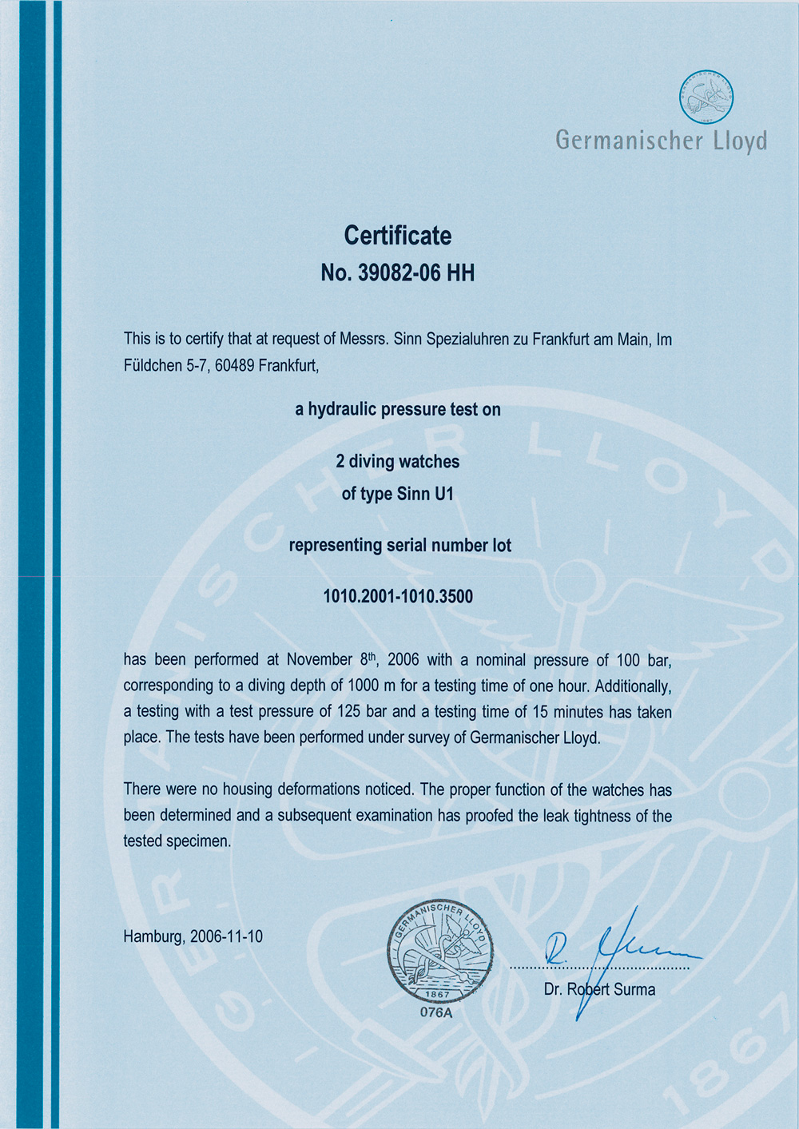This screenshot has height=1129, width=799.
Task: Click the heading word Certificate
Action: tap(397, 236)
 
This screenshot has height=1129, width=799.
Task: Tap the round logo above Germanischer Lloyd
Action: tap(706, 97)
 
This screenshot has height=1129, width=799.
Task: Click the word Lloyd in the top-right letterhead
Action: tap(740, 141)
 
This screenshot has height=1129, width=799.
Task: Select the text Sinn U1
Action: tap(425, 494)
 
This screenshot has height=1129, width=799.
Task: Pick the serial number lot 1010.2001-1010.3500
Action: tap(398, 596)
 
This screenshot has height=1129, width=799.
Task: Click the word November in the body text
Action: tap(320, 660)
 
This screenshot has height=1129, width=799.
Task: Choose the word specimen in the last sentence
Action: tap(198, 841)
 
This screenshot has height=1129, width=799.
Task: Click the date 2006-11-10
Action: tap(226, 936)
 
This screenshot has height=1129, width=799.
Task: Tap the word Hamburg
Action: tap(153, 936)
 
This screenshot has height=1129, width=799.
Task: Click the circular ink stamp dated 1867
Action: tap(440, 951)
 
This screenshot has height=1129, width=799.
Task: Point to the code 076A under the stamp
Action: tap(436, 1012)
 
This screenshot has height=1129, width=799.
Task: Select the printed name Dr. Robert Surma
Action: tap(599, 989)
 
